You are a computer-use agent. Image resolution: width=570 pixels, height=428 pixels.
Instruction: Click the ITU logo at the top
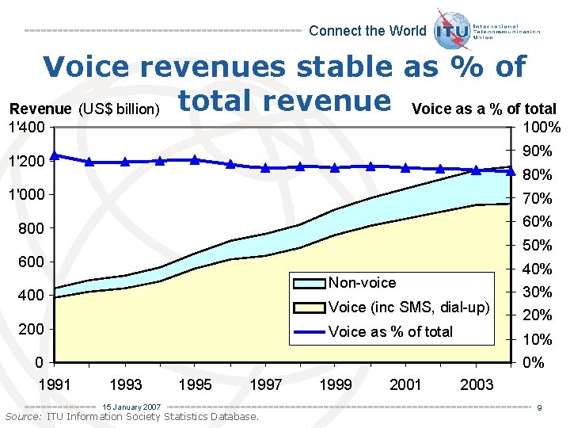coord(454,29)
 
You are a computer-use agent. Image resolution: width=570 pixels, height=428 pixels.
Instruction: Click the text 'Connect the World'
coord(367,31)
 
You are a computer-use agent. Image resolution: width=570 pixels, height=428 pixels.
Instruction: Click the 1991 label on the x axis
coord(55,384)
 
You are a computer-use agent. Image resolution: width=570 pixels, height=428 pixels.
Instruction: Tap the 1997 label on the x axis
coord(266,384)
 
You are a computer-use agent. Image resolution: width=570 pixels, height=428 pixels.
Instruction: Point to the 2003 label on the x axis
coord(477,384)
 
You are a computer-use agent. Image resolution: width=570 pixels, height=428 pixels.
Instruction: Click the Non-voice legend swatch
coord(308,283)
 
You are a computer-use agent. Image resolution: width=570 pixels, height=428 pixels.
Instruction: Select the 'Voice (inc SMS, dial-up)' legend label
coord(408,308)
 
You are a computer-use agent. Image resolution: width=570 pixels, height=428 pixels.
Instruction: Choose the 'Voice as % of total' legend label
coord(390,331)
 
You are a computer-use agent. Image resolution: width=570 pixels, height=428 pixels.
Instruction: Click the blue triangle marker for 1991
coord(55,155)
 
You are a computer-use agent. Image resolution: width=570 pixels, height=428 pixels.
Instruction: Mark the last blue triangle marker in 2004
coord(511,171)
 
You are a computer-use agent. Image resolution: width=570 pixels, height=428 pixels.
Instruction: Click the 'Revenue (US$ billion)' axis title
coord(85,109)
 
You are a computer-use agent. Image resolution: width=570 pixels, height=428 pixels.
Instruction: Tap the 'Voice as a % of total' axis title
coord(484,109)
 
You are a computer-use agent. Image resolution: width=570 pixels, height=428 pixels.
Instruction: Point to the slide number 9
coord(538,408)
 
